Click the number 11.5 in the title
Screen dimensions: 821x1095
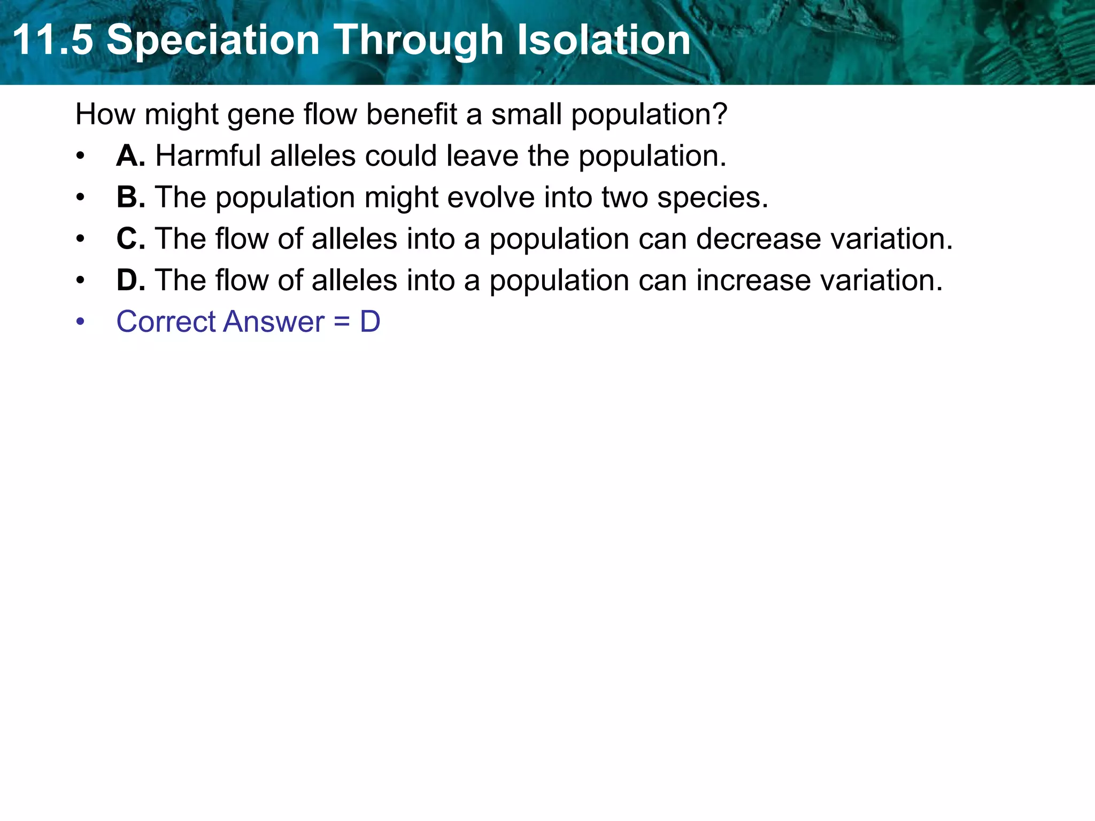point(52,40)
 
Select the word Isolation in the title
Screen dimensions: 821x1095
point(604,40)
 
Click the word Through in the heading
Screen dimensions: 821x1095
point(419,40)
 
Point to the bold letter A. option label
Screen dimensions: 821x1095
point(130,156)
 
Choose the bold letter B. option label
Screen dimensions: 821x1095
point(130,197)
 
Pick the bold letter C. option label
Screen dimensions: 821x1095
point(130,238)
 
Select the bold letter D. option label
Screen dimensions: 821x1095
point(130,280)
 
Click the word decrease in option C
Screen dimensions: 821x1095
point(758,238)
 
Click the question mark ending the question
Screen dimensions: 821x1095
point(720,114)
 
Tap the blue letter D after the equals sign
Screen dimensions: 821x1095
point(370,322)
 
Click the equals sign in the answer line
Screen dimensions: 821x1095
point(342,322)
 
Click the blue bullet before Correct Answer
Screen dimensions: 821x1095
point(80,322)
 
